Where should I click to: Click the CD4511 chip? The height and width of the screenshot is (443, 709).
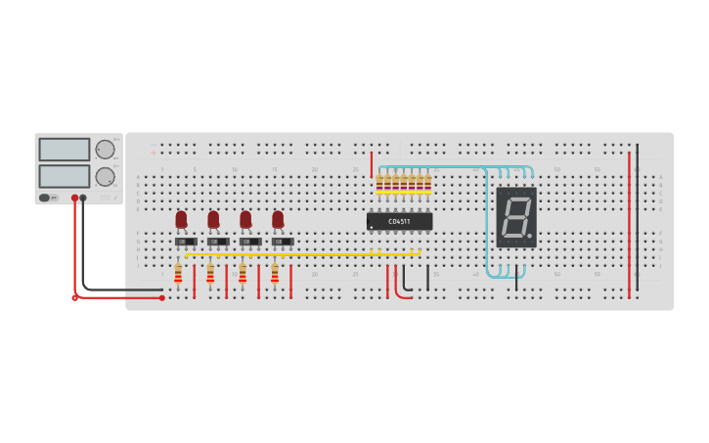399,221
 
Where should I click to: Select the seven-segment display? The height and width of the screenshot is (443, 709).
516,216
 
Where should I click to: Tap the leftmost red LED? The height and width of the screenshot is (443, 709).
181,219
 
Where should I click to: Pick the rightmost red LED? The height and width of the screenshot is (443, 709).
278,219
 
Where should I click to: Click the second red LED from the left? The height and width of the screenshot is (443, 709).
213,219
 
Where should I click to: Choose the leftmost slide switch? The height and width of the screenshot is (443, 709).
186,242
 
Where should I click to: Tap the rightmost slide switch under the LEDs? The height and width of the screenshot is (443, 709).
283,242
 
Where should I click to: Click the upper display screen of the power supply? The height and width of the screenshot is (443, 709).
65,150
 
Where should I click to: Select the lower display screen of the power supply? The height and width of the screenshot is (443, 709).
65,176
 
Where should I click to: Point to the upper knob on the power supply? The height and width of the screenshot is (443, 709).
105,150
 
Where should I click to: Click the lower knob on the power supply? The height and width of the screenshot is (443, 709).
105,177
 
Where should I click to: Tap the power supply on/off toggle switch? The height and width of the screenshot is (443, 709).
45,198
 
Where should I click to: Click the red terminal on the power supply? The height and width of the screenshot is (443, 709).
74,198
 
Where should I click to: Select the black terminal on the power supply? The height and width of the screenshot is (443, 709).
83,198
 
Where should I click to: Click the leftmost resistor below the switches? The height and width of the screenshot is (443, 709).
178,273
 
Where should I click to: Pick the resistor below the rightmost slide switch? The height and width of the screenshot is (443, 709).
275,273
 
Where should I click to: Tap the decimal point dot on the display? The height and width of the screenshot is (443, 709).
530,236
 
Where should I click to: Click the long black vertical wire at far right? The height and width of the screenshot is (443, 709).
638,215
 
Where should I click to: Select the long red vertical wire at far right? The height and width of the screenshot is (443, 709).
629,225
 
